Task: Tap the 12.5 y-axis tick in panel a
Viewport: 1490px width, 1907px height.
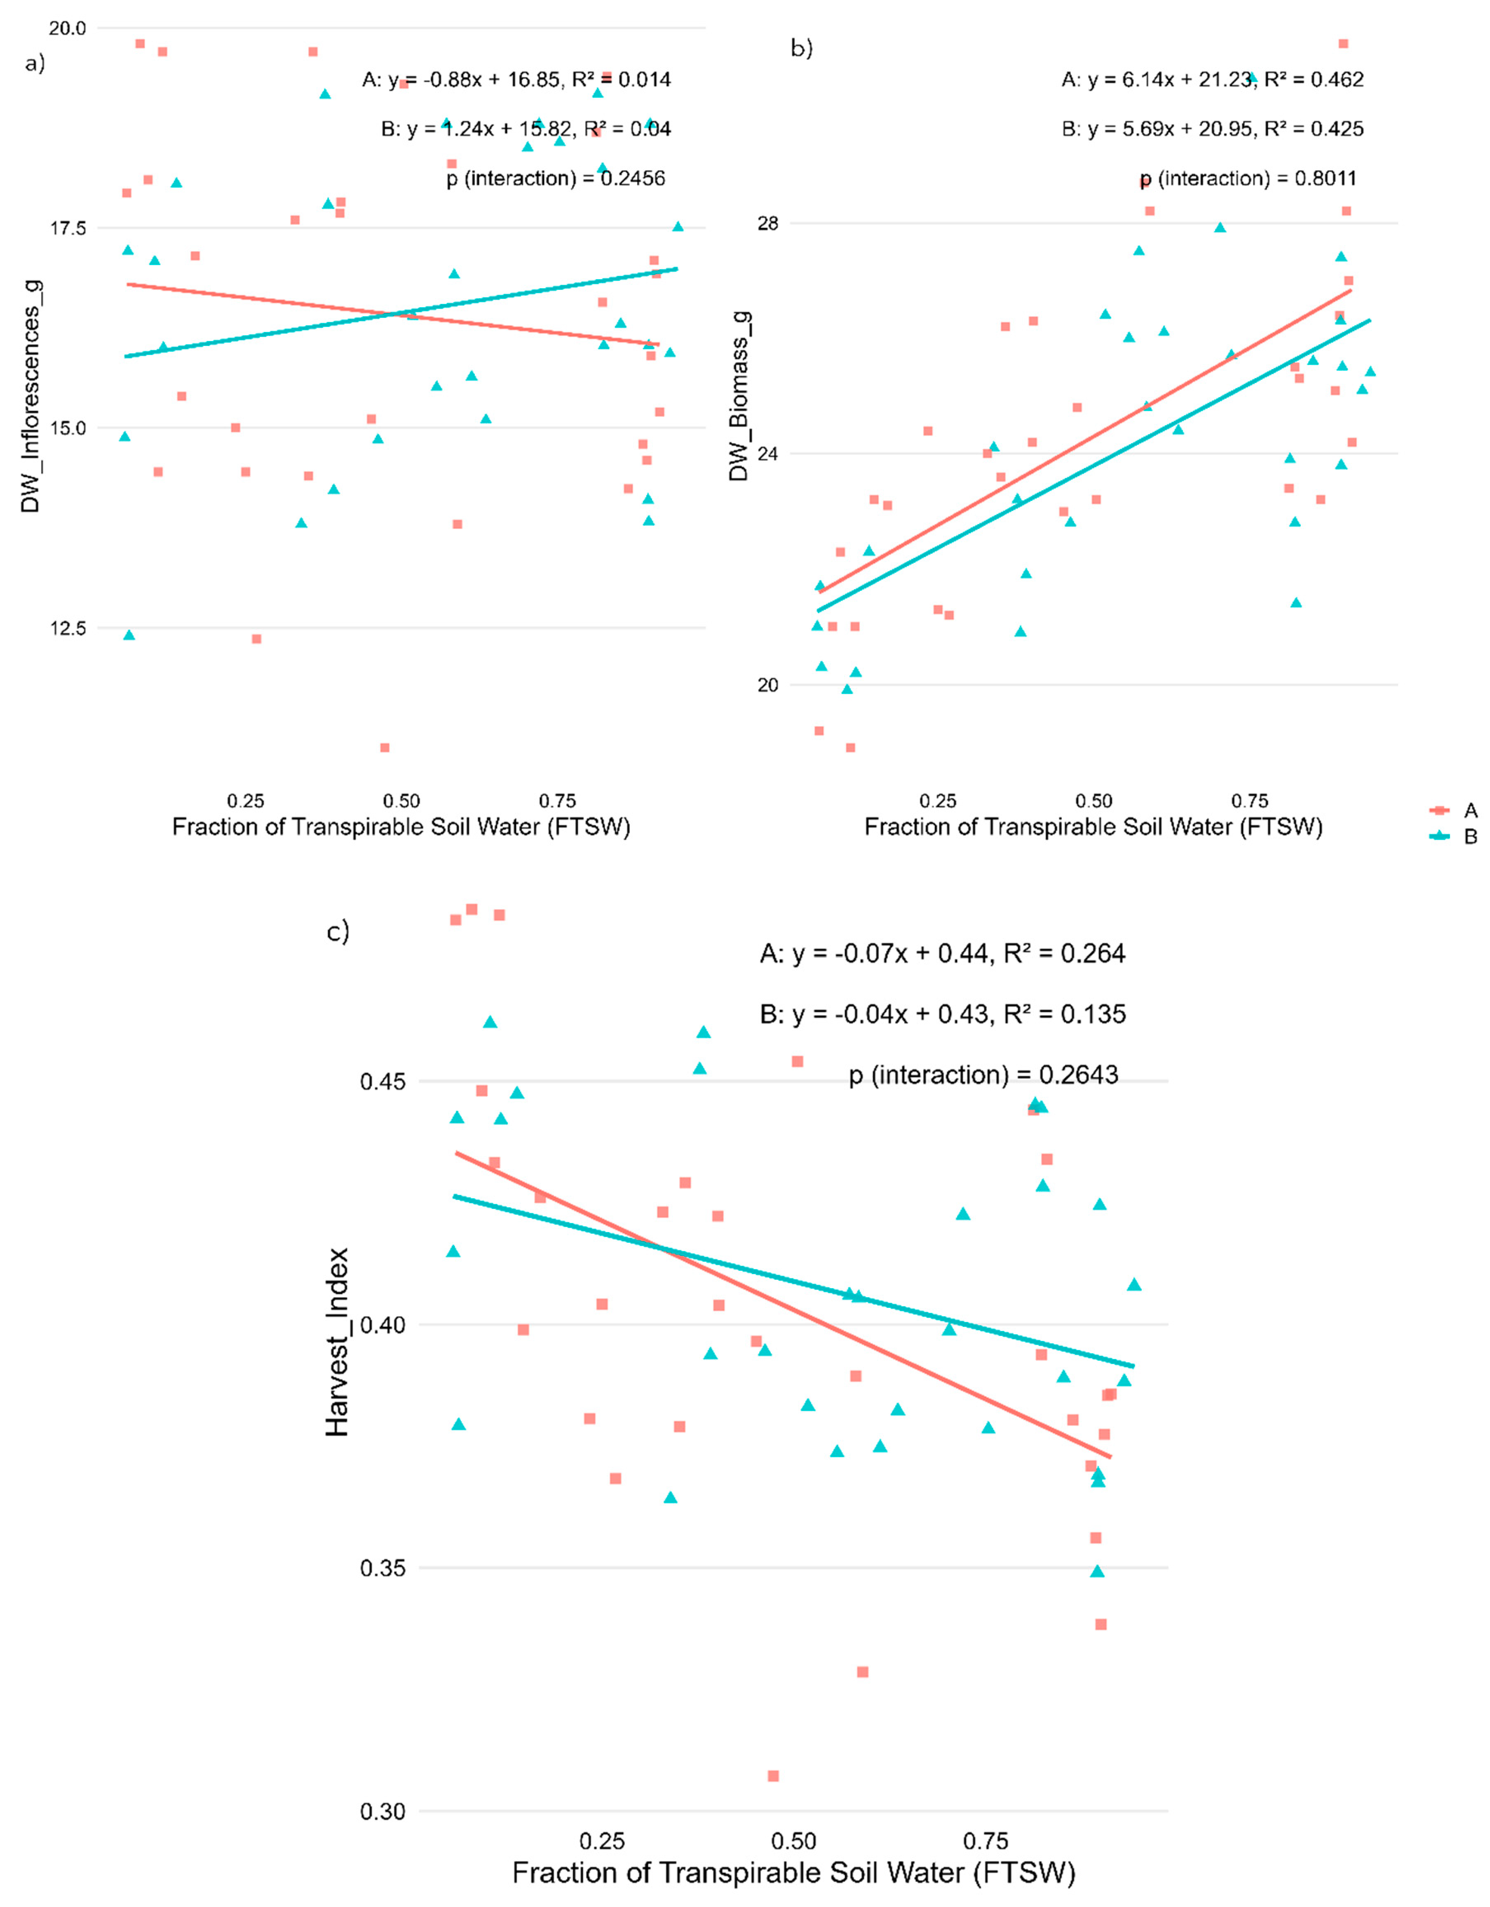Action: click(x=67, y=628)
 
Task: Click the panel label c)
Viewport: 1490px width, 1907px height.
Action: click(x=338, y=932)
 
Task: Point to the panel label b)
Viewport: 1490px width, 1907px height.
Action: click(x=801, y=48)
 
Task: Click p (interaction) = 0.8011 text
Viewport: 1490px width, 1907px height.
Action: click(x=1248, y=179)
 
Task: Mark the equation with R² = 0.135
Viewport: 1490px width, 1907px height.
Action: click(x=943, y=1015)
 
